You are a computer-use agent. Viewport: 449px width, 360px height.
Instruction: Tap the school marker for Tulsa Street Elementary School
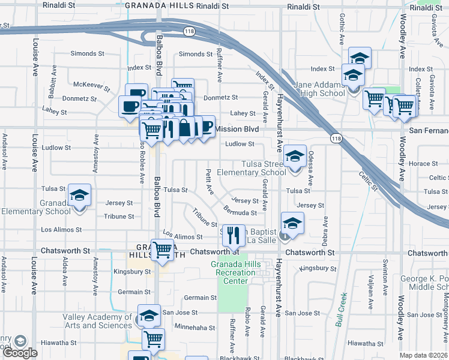coord(294,157)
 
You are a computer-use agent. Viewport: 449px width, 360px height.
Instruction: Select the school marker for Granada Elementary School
coord(79,196)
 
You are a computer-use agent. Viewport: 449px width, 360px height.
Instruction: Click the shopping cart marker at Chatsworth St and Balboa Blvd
coord(162,249)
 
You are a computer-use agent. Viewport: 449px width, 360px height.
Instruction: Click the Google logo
coord(20,352)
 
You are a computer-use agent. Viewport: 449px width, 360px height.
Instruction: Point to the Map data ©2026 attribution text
coord(423,355)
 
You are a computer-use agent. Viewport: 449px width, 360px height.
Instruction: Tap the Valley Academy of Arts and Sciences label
coord(97,321)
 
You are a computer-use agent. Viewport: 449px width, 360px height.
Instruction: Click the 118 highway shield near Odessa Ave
coord(336,138)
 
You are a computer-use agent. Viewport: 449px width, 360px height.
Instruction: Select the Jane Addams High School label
coord(319,89)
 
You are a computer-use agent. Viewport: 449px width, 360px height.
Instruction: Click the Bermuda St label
coord(240,212)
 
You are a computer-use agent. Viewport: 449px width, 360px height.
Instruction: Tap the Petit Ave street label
coord(209,182)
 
